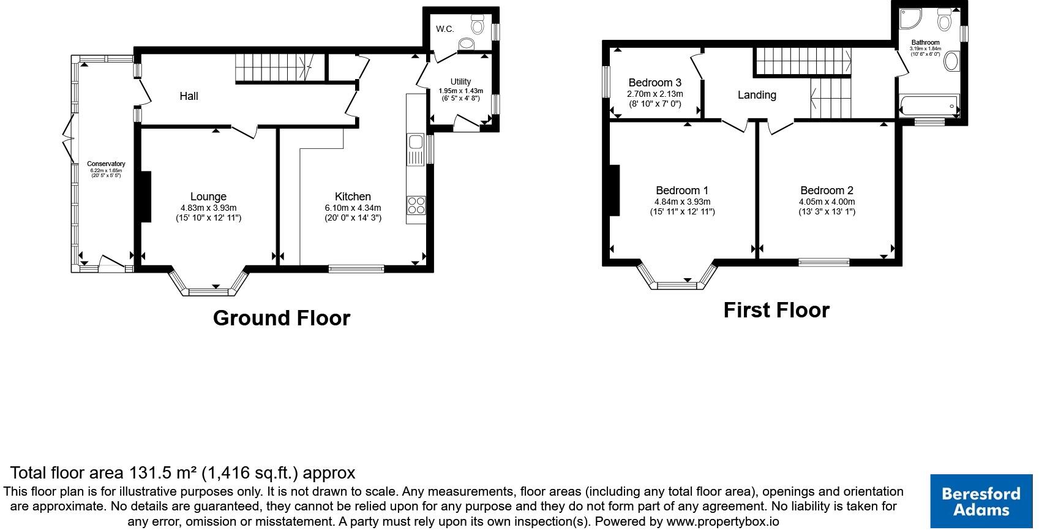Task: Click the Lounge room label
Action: pyautogui.click(x=208, y=197)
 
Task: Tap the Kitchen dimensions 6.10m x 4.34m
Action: pyautogui.click(x=353, y=208)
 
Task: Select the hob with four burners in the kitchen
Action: pyautogui.click(x=416, y=205)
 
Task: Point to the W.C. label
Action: pyautogui.click(x=445, y=29)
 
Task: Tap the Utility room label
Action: pyautogui.click(x=460, y=81)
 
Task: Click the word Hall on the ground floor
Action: pyautogui.click(x=189, y=96)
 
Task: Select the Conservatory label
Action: pyautogui.click(x=106, y=164)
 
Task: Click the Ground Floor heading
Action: pyautogui.click(x=281, y=318)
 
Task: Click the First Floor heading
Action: pyautogui.click(x=776, y=310)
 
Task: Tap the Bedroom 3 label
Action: pyautogui.click(x=655, y=83)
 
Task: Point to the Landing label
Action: pyautogui.click(x=757, y=95)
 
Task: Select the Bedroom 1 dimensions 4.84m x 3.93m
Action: pyautogui.click(x=682, y=202)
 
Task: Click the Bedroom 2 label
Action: pyautogui.click(x=827, y=191)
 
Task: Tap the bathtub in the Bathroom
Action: pyautogui.click(x=928, y=106)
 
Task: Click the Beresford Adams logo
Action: pyautogui.click(x=981, y=501)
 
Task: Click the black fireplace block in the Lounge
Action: pyautogui.click(x=146, y=197)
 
